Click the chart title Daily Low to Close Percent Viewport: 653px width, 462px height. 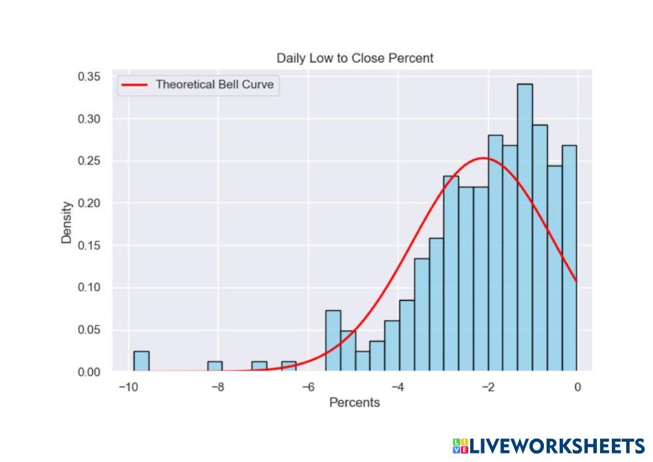[x=355, y=58]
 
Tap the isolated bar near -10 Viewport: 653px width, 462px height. [x=141, y=361]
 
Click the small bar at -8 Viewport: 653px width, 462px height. [x=215, y=367]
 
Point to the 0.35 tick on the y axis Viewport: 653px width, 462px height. [x=89, y=76]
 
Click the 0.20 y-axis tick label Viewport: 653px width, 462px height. [x=89, y=203]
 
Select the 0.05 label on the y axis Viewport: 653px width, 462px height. [x=89, y=330]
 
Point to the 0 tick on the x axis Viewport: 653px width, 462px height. [x=577, y=387]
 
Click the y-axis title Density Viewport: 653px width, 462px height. [x=67, y=223]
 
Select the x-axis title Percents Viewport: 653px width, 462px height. [x=354, y=403]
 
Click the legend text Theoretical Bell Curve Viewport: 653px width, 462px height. [x=214, y=84]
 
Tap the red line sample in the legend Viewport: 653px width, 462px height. [x=135, y=84]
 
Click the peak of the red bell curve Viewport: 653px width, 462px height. [x=483, y=158]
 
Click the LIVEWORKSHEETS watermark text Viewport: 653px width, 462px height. [x=557, y=446]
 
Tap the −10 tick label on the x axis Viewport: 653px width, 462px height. [x=127, y=387]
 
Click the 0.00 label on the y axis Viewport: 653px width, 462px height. [x=89, y=372]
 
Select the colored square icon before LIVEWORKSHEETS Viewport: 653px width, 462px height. [x=460, y=446]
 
